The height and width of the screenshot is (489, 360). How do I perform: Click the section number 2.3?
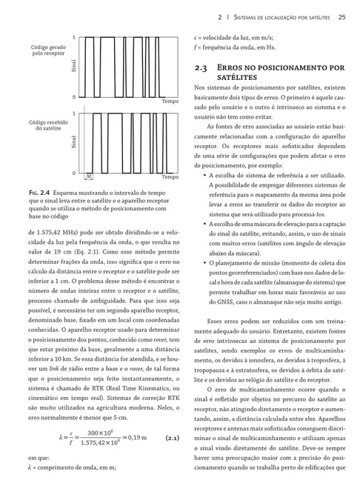coord(200,67)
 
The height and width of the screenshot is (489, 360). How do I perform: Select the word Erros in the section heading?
coord(236,67)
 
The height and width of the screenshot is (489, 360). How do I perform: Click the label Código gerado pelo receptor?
coord(47,51)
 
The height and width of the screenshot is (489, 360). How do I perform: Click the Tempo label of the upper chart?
coord(170,101)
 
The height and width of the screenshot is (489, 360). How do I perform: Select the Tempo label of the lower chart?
coord(170,177)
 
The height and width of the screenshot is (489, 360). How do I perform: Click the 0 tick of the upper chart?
coord(74,97)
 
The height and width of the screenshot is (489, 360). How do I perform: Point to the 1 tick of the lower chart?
coord(74,112)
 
